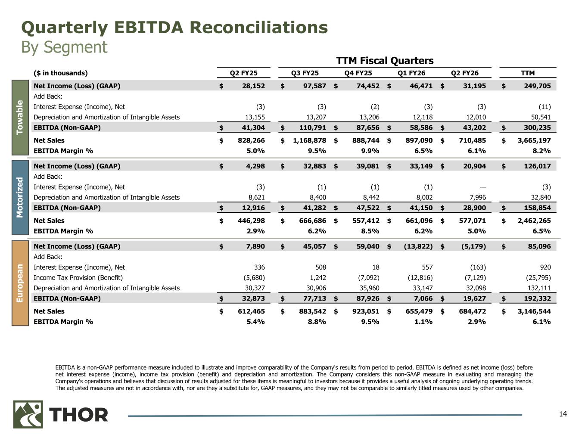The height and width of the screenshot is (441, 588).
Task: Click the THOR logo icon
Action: tap(28, 414)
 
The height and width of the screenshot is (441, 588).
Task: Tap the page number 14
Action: tap(563, 414)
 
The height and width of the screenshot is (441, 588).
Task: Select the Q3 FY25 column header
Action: tap(305, 73)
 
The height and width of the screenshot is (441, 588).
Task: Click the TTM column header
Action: tap(528, 73)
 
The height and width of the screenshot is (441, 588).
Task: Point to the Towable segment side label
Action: tap(20, 117)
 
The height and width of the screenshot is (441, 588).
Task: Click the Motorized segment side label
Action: tap(20, 197)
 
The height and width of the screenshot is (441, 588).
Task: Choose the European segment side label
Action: tap(20, 283)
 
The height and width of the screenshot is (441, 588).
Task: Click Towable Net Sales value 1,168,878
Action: tap(307, 140)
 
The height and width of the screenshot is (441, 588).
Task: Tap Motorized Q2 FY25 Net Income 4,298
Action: tap(254, 166)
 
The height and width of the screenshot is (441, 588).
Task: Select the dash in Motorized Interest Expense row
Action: tap(482, 187)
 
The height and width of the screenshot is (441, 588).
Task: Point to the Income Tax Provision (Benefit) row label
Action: tap(78, 278)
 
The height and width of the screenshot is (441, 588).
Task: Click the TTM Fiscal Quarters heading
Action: tap(384, 61)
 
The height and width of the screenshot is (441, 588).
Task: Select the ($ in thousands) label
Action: tap(60, 73)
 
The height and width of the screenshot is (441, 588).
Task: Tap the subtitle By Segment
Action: tap(64, 47)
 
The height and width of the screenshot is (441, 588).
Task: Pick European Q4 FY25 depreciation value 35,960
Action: tap(369, 288)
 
